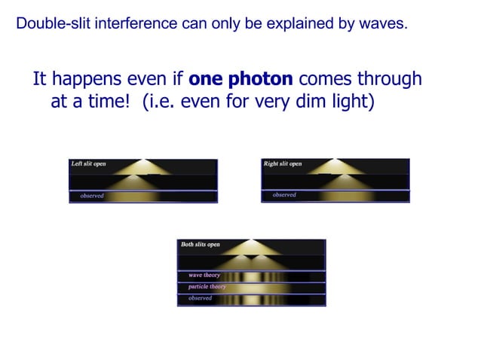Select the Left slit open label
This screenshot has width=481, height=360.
88,163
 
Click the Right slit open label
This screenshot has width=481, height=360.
283,163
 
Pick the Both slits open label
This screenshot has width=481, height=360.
201,245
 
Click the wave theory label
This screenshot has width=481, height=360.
204,275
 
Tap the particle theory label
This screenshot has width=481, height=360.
207,287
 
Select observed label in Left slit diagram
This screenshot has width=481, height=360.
92,196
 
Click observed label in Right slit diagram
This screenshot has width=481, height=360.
284,195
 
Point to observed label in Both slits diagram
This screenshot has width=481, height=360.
200,298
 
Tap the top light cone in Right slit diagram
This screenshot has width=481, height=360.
336,166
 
